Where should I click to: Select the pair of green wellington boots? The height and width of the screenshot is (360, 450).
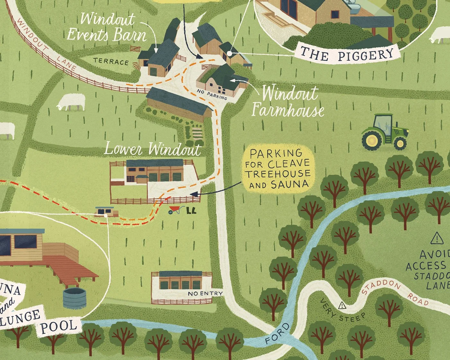tap(191, 211)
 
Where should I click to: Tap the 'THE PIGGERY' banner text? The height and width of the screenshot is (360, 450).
tap(347, 54)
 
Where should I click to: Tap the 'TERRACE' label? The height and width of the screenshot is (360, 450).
tap(111, 61)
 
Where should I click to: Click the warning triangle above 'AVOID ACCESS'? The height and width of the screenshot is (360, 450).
tap(437, 238)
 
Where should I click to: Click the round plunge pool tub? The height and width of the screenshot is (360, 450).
tap(74, 298)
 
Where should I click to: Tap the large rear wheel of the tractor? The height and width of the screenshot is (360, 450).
tap(373, 140)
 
